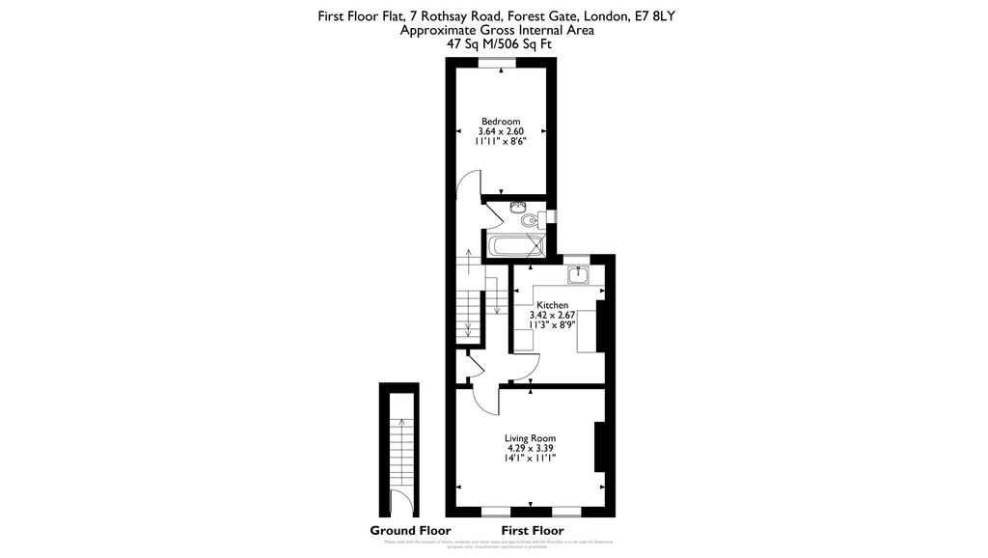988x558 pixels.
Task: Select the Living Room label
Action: click(530, 438)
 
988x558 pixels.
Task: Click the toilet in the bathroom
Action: click(528, 221)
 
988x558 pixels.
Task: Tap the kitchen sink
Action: click(580, 275)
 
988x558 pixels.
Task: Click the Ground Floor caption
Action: click(410, 531)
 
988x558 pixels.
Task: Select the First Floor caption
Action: click(533, 531)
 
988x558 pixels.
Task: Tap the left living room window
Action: click(495, 509)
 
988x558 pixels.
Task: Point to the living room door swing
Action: click(485, 398)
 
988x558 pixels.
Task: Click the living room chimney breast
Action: click(599, 446)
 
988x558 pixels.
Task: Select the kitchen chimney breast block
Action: click(601, 326)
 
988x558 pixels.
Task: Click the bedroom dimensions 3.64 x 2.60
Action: click(502, 131)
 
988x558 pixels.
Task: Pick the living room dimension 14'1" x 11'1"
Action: click(530, 459)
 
